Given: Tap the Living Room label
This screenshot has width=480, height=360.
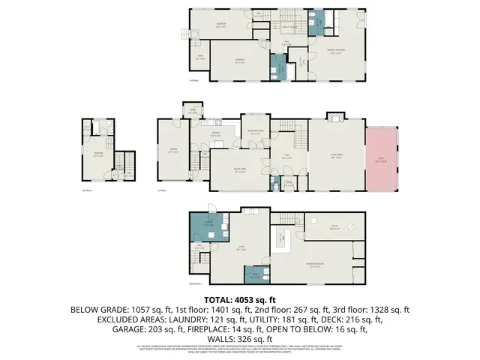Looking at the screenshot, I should pos(337,157).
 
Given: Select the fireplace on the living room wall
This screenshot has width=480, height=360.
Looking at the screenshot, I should pos(334,118).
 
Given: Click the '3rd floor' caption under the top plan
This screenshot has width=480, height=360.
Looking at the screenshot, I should pos(195,81).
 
